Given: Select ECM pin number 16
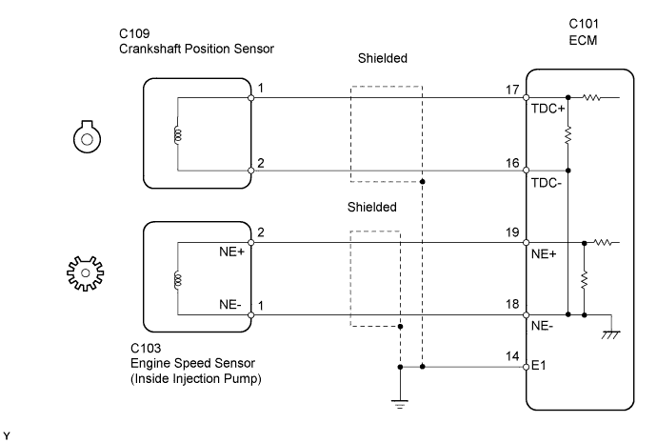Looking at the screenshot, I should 513,163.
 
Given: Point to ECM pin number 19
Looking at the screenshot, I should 513,232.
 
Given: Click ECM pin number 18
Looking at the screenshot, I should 513,304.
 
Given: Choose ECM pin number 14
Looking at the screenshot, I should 513,356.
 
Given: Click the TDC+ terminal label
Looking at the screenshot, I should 547,109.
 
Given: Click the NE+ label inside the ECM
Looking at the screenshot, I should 544,253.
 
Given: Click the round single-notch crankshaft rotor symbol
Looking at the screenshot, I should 87,136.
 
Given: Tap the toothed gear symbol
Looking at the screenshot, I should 87,275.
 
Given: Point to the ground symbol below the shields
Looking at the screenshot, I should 400,401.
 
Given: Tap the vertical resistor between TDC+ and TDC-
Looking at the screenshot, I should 567,136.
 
